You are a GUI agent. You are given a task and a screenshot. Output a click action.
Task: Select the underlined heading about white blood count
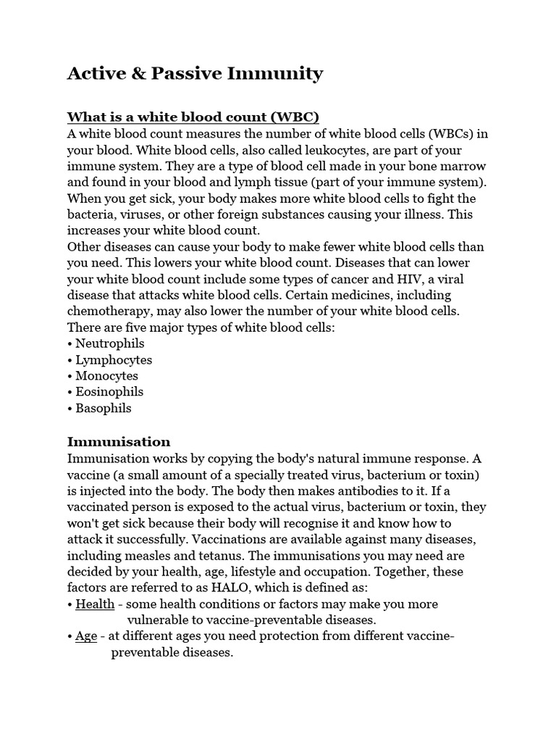tap(193, 117)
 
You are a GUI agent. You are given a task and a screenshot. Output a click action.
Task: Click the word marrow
tap(458, 166)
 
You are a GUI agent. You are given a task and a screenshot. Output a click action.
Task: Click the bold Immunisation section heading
tap(119, 442)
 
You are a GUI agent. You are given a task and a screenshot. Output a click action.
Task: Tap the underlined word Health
tap(95, 604)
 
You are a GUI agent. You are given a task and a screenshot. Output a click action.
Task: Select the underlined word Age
tap(86, 636)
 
